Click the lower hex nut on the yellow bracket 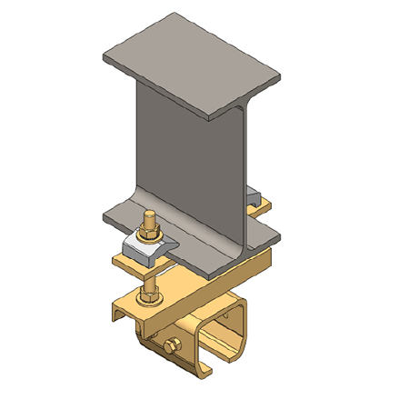[147, 295]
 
